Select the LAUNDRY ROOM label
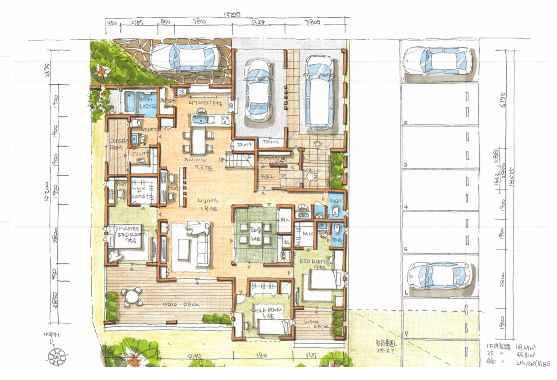[x=117, y=144]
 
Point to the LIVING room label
[x=208, y=201]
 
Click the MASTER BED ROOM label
[x=130, y=232]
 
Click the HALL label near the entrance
[x=267, y=177]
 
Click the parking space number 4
[x=406, y=207]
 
